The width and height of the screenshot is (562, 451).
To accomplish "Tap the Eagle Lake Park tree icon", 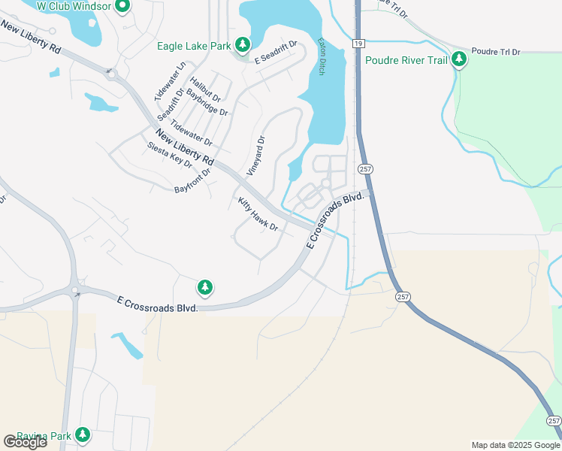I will click(x=242, y=46).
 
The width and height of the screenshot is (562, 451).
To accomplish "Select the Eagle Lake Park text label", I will click(x=194, y=47).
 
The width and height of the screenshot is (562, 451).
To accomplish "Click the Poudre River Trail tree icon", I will click(x=458, y=60).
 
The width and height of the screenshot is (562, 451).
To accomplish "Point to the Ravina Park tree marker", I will click(x=83, y=435).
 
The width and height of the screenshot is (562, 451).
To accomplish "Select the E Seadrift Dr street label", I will click(x=276, y=51).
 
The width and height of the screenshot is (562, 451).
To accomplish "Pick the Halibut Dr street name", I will click(x=205, y=89).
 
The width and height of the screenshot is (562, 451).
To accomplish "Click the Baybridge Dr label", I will click(x=207, y=101).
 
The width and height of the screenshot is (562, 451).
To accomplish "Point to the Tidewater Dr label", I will click(x=191, y=132).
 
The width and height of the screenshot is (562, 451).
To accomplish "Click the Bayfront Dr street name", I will click(x=193, y=180).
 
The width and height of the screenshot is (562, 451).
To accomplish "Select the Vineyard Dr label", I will click(x=256, y=155).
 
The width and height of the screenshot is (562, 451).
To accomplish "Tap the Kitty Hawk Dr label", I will click(x=258, y=214).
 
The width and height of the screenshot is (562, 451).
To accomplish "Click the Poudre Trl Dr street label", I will click(x=496, y=52).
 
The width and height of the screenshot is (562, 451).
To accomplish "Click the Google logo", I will click(x=25, y=442).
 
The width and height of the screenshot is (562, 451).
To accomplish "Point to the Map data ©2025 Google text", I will click(x=515, y=445).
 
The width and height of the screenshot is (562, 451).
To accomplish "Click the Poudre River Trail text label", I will click(x=406, y=61).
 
